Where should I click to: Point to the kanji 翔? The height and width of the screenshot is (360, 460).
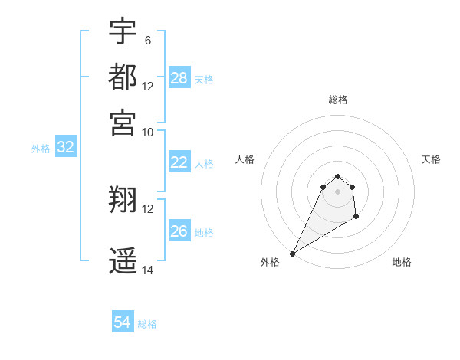point(123,201)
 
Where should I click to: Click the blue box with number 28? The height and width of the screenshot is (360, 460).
point(179,78)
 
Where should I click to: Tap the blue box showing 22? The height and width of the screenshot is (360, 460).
point(179,162)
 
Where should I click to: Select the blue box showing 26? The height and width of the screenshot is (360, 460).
point(179,231)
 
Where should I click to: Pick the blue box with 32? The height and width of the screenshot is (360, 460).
point(66,148)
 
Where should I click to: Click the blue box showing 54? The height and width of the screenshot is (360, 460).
point(123,323)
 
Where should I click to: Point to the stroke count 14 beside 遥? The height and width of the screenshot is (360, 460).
point(148,270)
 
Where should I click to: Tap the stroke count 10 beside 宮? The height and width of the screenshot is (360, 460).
point(148,132)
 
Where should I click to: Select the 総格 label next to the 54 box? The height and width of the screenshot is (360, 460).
point(147,324)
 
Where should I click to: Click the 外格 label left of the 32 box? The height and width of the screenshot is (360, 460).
point(41,149)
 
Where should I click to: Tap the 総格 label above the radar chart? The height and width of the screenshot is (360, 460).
point(337,100)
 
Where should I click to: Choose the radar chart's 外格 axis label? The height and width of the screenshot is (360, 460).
point(270,262)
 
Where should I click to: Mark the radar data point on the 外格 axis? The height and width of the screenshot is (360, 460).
point(293,253)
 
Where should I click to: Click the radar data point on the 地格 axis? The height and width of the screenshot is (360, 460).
point(356,218)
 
